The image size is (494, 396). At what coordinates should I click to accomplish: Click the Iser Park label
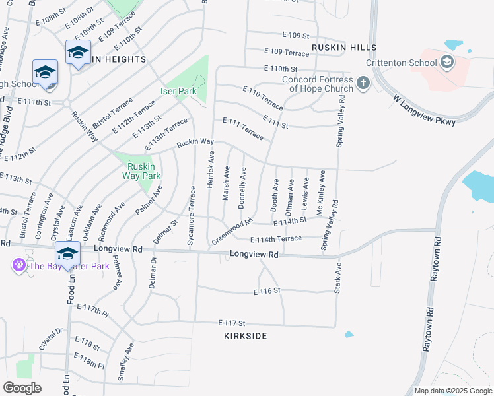tap(178, 91)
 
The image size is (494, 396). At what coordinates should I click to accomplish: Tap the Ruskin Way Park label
tap(143, 171)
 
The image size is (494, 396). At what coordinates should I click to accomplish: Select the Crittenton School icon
tap(447, 63)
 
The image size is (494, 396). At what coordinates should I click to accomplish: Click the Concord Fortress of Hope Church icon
tap(362, 83)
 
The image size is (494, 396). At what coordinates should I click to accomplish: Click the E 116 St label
tap(267, 290)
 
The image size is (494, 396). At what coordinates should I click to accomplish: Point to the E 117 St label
tap(232, 323)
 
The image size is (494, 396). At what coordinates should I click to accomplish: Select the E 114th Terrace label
tap(276, 239)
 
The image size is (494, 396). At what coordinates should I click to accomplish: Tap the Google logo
tap(22, 387)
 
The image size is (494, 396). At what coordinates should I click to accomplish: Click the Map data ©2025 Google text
tap(452, 391)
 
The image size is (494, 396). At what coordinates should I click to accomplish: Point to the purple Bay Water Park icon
tap(18, 265)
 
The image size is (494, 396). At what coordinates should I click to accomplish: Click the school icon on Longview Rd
tap(67, 253)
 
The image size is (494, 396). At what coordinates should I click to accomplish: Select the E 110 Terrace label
tap(262, 97)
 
